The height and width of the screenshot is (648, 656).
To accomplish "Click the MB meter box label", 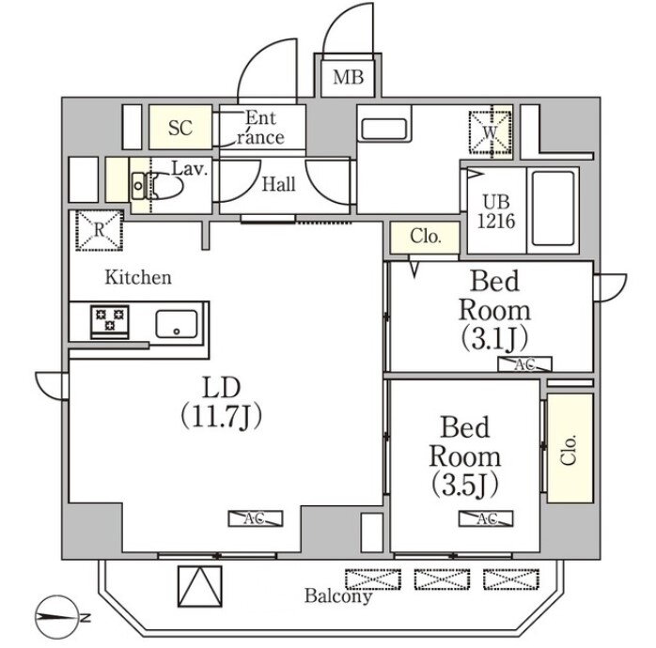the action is pyautogui.click(x=348, y=77).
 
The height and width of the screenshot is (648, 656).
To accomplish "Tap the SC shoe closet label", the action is pyautogui.click(x=180, y=128).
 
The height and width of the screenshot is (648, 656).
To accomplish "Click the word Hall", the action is pyautogui.click(x=278, y=184).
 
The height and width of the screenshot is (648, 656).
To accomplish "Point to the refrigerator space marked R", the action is pyautogui.click(x=100, y=230).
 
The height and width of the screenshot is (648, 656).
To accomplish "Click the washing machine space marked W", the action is pyautogui.click(x=491, y=132).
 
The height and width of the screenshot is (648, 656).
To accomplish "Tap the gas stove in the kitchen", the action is pyautogui.click(x=110, y=322).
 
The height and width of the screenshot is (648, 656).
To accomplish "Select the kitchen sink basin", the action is pyautogui.click(x=177, y=324).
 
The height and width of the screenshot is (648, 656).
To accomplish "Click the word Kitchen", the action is pyautogui.click(x=138, y=277).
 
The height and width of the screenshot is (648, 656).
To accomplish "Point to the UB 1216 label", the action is pyautogui.click(x=496, y=212).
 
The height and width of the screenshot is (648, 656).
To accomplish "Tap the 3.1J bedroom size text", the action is pyautogui.click(x=493, y=339).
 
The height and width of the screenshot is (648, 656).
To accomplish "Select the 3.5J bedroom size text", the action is pyautogui.click(x=465, y=484).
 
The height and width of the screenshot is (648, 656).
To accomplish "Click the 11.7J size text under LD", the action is pyautogui.click(x=221, y=417).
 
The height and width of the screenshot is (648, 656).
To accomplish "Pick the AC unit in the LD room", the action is pyautogui.click(x=256, y=518).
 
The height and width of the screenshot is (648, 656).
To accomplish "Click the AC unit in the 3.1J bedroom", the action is pyautogui.click(x=524, y=364).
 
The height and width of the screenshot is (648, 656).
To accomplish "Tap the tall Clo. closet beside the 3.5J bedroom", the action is pyautogui.click(x=570, y=448).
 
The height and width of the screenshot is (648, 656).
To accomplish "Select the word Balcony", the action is pyautogui.click(x=338, y=595).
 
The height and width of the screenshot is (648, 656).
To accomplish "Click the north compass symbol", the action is pyautogui.click(x=58, y=617).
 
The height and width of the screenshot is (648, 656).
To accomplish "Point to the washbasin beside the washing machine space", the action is pyautogui.click(x=384, y=129).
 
